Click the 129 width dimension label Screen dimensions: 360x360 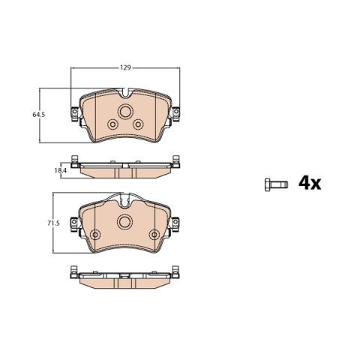pos(125,67)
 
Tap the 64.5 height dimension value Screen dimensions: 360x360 pos(39,115)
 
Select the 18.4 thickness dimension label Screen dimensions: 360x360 pos(61,170)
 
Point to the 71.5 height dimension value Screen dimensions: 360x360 pos(53,223)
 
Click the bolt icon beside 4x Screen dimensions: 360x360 pos(276,184)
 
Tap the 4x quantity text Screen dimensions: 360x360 pos(310,184)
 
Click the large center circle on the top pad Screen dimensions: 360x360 pos(125,111)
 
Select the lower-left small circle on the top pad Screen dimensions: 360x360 pos(112,124)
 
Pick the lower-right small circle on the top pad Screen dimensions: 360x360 pos(138,124)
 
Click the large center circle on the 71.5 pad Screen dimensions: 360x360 pos(125,221)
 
